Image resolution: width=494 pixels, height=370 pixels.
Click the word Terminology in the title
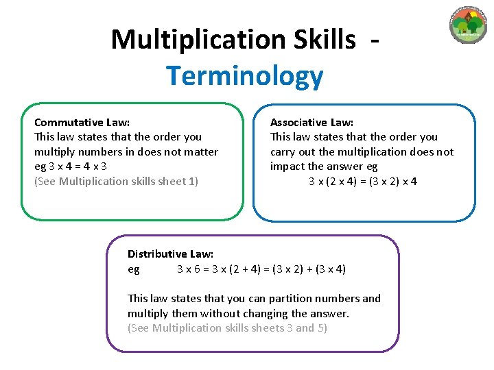pyautogui.click(x=244, y=76)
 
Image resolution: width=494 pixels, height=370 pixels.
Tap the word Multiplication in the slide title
pyautogui.click(x=195, y=40)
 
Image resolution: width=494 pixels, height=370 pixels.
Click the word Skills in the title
pyautogui.click(x=322, y=40)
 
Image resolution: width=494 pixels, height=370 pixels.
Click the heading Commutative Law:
pyautogui.click(x=82, y=123)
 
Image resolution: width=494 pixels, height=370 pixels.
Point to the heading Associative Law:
pyautogui.click(x=311, y=123)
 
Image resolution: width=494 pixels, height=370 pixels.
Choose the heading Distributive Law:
pyautogui.click(x=170, y=254)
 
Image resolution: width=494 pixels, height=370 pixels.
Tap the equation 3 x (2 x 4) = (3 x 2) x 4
pyautogui.click(x=363, y=182)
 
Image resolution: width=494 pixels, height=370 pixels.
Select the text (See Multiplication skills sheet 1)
pyautogui.click(x=116, y=182)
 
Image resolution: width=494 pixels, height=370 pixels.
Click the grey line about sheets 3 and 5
pyautogui.click(x=227, y=328)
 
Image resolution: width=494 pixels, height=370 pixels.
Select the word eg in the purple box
pyautogui.click(x=134, y=269)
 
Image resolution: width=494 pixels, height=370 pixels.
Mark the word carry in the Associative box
pyautogui.click(x=283, y=152)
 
